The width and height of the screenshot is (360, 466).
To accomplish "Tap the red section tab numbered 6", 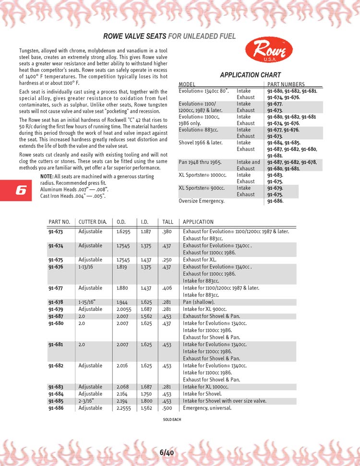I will tap(20, 190).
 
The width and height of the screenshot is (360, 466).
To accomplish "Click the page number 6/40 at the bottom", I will tap(167, 452).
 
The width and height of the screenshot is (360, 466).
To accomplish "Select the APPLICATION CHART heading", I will tap(250, 75).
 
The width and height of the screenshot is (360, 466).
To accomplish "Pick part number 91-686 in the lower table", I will tap(56, 408).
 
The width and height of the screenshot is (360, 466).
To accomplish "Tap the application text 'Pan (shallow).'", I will tap(199, 302).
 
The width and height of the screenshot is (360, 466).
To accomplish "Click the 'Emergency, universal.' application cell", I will tap(207, 408).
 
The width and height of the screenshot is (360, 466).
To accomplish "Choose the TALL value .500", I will tap(167, 408).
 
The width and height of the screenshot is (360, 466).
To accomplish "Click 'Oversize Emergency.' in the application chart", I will tap(201, 201).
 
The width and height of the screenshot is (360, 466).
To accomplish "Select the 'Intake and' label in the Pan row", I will tap(248, 162).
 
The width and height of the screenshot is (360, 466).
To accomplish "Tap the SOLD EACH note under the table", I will tap(172, 419).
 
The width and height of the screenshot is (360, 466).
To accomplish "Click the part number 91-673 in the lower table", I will tap(56, 231).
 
